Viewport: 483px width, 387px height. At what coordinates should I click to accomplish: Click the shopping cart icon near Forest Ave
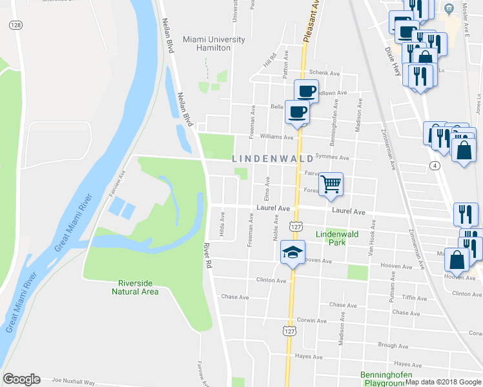331,184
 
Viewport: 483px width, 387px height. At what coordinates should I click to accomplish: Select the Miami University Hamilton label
214,44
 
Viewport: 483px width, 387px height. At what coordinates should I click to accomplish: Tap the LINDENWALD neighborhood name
272,158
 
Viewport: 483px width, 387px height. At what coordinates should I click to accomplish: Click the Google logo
21,379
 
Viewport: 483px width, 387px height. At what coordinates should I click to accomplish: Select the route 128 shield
15,24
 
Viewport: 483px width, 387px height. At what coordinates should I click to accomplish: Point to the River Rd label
207,255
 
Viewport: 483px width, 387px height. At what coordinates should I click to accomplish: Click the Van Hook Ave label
371,235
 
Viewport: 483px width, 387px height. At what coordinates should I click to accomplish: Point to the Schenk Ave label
324,74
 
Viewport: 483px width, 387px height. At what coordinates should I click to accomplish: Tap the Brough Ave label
393,346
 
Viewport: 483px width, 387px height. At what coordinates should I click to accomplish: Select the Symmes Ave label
336,157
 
